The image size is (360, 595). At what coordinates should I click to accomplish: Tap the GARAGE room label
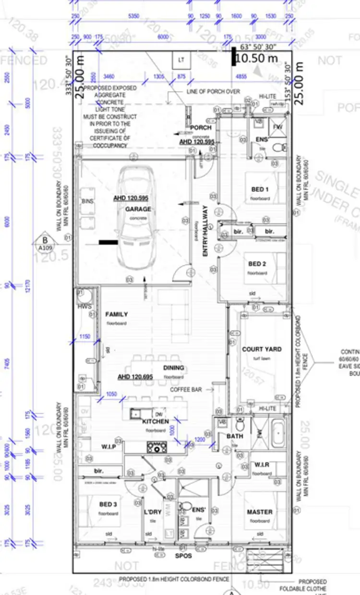tap(138, 209)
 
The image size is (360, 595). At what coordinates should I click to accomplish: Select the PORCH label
tap(201, 128)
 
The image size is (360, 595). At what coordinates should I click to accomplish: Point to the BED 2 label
tap(257, 264)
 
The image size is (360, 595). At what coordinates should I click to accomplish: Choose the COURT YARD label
tap(262, 349)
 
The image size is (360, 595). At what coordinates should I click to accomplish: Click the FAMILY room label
tap(117, 314)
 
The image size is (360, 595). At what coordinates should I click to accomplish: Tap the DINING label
tap(173, 368)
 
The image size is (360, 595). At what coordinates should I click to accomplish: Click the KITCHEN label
tap(156, 421)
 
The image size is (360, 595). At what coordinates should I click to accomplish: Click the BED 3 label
tap(108, 504)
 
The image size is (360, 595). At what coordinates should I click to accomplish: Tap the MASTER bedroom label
tap(260, 512)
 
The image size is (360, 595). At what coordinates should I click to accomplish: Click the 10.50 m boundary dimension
tap(256, 59)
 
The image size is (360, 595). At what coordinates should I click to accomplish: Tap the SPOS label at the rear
tap(184, 556)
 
